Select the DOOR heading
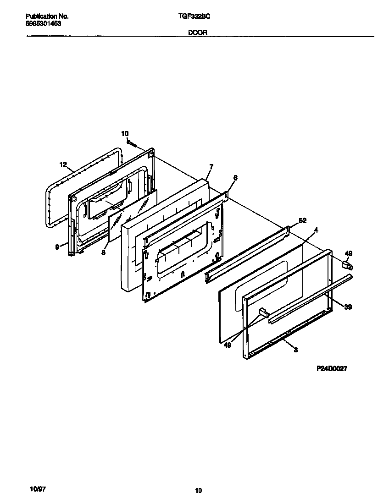tap(198, 33)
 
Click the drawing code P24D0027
tap(331, 368)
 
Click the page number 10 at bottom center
tap(198, 491)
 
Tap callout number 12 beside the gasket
tap(63, 164)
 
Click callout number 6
tap(235, 177)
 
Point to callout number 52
tap(302, 221)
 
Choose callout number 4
tap(316, 229)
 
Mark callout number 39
tap(348, 307)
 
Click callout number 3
tap(296, 350)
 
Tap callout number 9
tap(57, 247)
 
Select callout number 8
tap(103, 252)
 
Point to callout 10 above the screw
tap(125, 133)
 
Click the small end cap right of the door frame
tap(346, 264)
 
